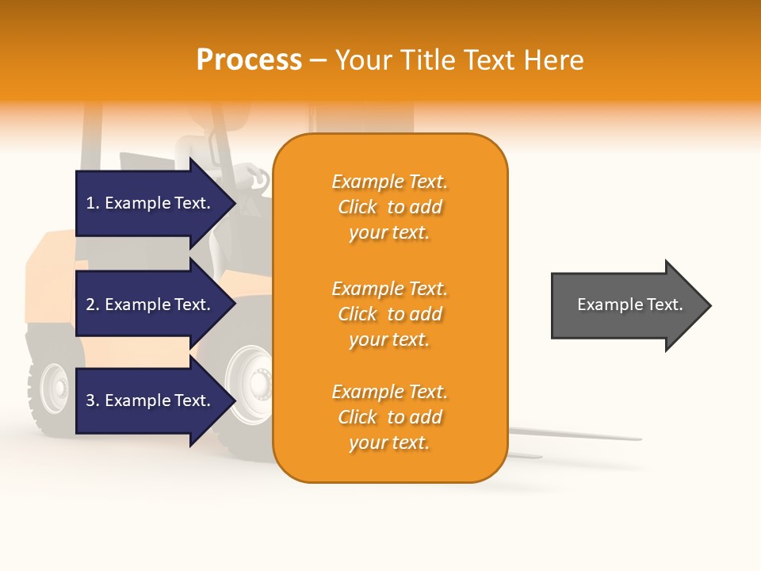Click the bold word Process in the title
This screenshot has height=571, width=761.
(249, 60)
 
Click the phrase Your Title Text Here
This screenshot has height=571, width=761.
(460, 60)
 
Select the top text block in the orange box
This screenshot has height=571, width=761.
(389, 207)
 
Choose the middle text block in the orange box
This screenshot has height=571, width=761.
(389, 314)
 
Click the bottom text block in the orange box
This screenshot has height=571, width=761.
(389, 417)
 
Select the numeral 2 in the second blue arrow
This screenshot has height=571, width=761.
(90, 305)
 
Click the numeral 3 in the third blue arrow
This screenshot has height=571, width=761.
(90, 400)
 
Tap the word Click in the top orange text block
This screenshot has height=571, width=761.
(358, 207)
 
